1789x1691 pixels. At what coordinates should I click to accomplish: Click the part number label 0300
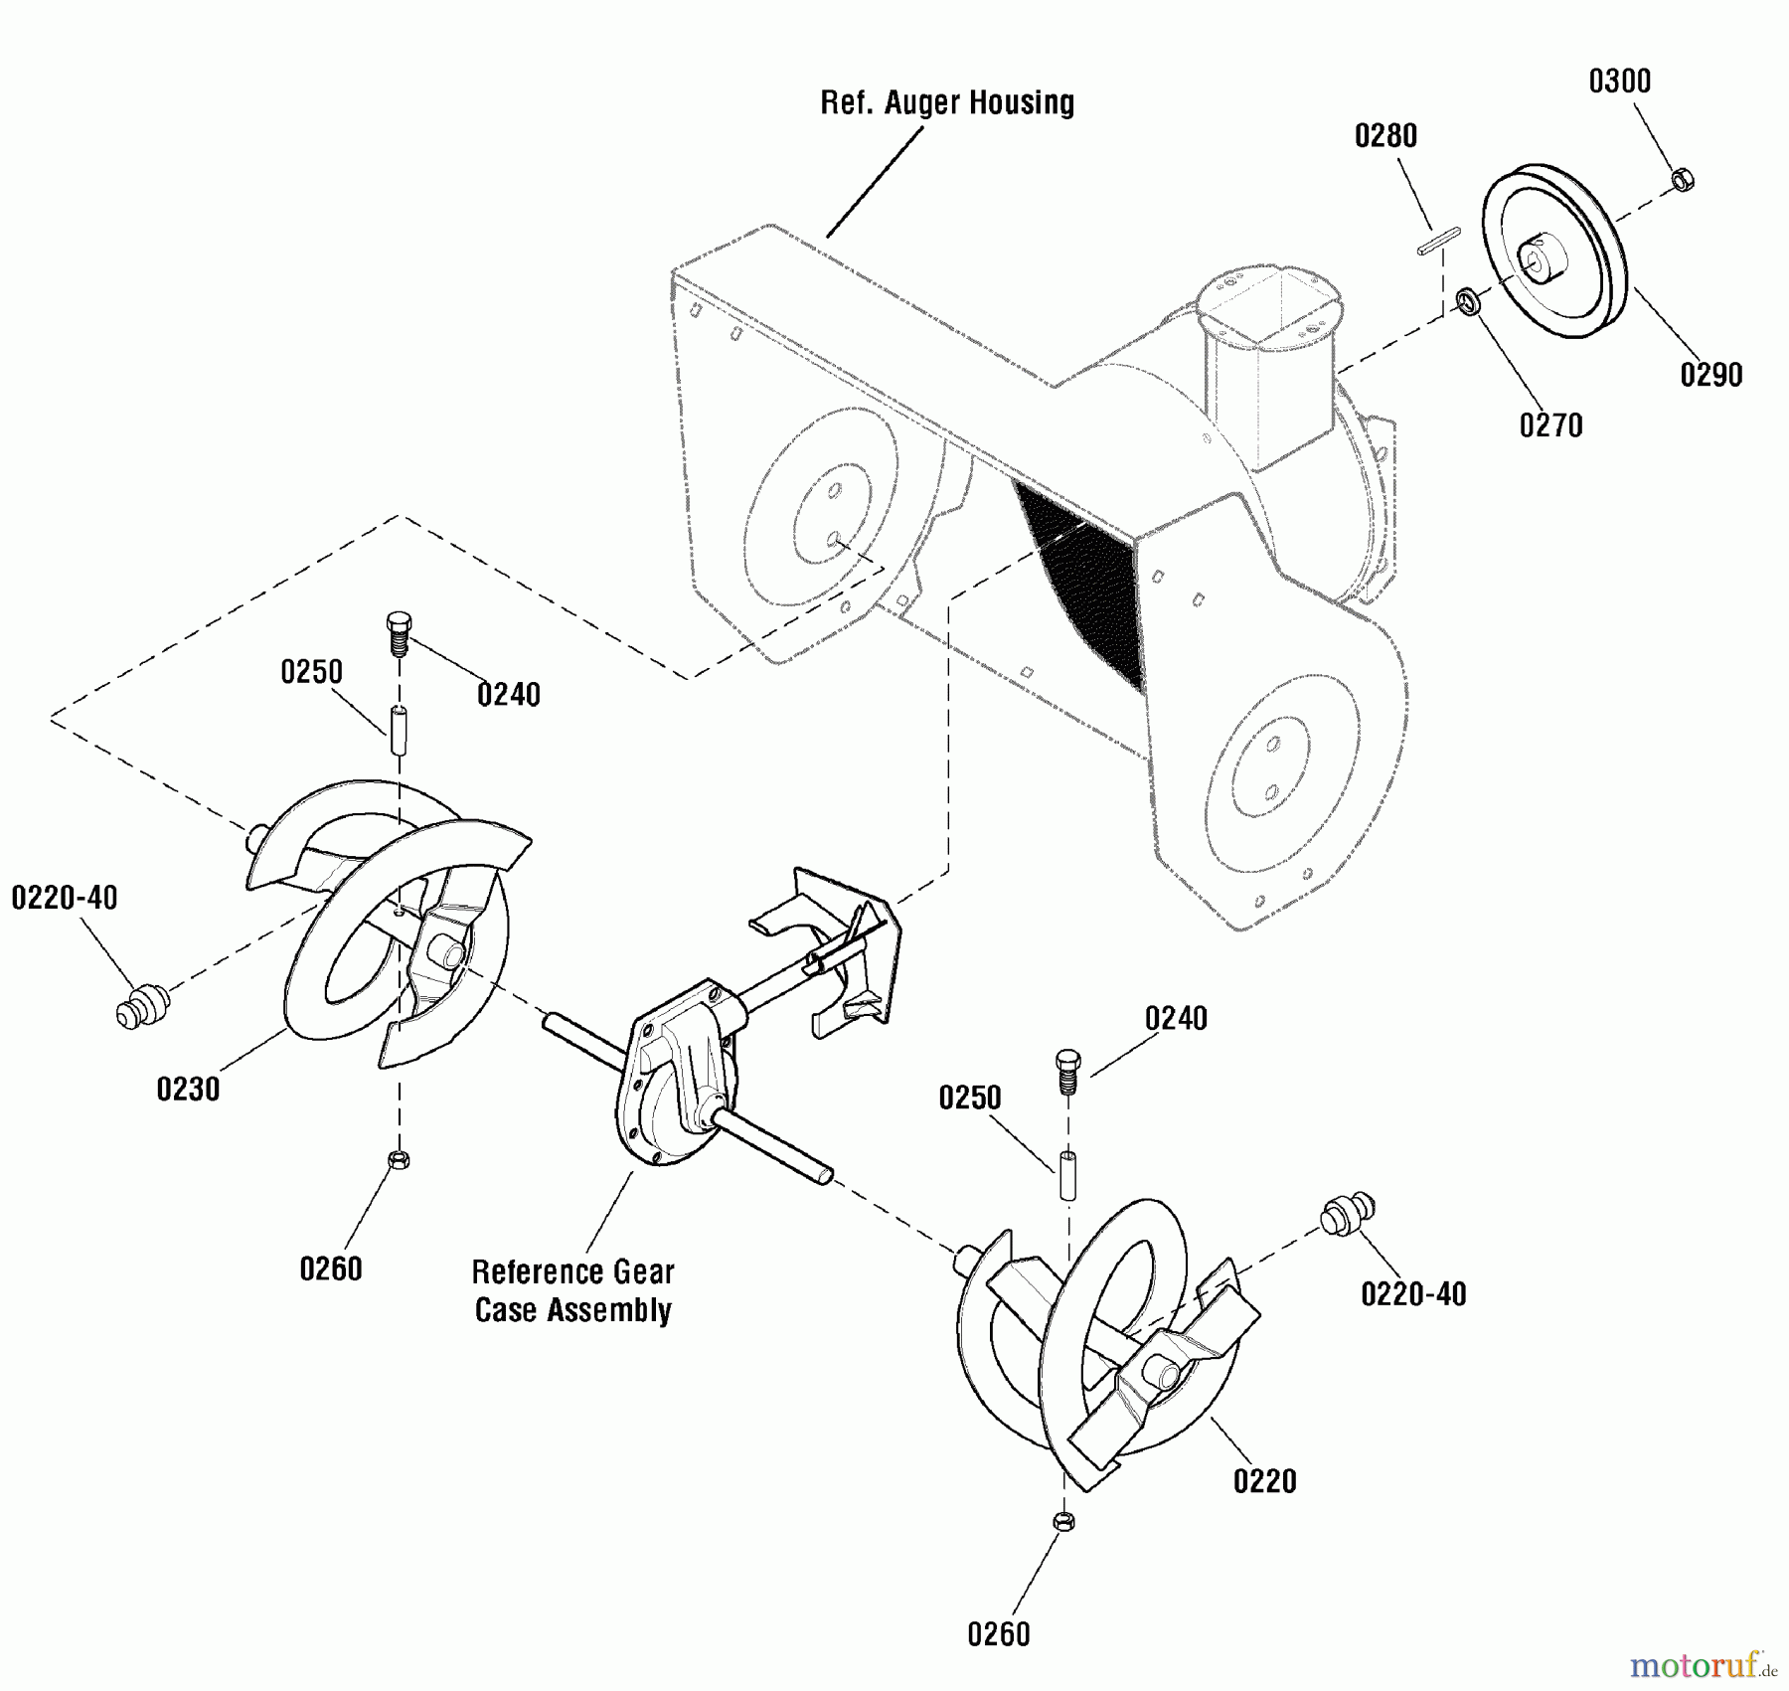pyautogui.click(x=1619, y=82)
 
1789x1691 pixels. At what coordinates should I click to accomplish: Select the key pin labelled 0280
pyautogui.click(x=1438, y=242)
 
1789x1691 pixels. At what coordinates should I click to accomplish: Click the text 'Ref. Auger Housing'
pyautogui.click(x=946, y=103)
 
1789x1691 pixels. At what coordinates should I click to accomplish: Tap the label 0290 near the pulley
pyautogui.click(x=1710, y=375)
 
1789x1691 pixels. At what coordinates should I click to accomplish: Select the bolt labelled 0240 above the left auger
pyautogui.click(x=398, y=633)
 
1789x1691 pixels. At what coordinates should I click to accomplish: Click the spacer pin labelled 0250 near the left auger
pyautogui.click(x=398, y=732)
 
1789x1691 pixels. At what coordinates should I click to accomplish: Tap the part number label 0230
pyautogui.click(x=188, y=1089)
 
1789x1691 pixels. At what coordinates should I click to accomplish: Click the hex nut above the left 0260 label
pyautogui.click(x=398, y=1159)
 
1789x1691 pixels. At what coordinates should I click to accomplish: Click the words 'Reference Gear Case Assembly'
pyautogui.click(x=573, y=1290)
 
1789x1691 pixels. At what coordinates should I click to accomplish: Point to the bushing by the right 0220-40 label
pyautogui.click(x=1347, y=1213)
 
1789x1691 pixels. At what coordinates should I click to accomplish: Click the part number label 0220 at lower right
pyautogui.click(x=1264, y=1481)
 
